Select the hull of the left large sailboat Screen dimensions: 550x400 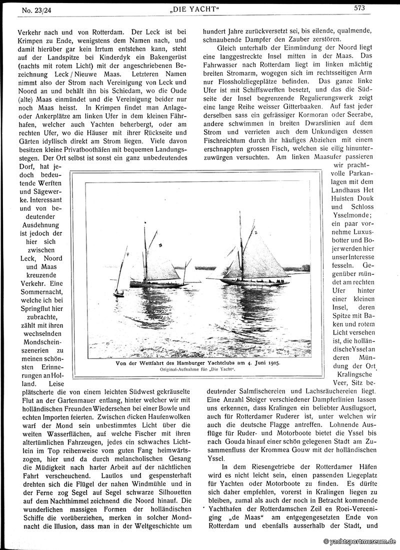157,284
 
